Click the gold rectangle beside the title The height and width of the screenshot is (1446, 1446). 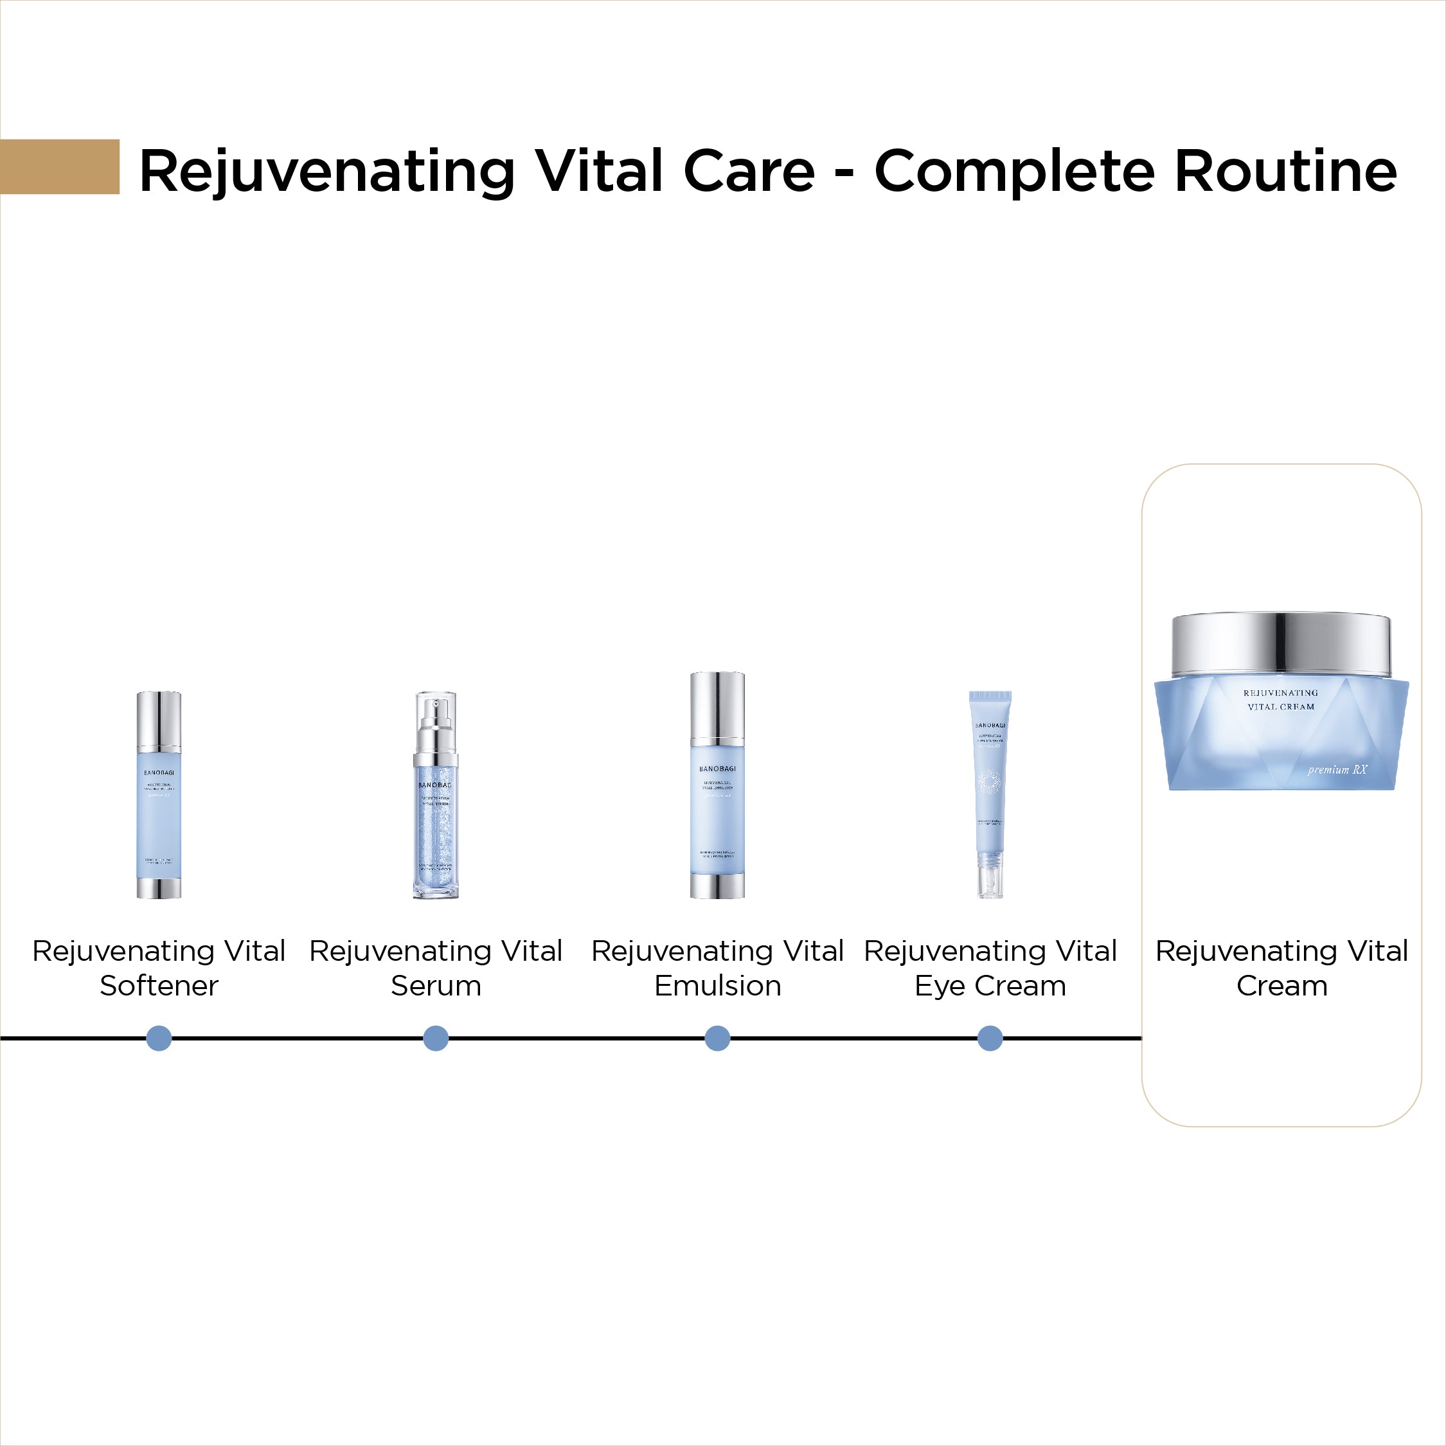60,166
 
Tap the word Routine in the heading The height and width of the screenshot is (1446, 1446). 1285,172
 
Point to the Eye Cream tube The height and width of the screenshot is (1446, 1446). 990,793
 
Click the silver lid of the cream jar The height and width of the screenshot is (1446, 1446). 1281,645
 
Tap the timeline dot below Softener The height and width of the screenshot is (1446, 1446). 159,1038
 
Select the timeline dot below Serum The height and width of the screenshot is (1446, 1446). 436,1038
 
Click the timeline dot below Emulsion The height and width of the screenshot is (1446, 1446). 717,1038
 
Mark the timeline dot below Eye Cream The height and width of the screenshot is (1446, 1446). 990,1038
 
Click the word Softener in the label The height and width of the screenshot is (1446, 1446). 159,986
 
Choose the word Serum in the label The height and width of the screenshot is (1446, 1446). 436,986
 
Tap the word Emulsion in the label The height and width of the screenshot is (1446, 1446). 717,986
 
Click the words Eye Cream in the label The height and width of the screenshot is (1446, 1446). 990,986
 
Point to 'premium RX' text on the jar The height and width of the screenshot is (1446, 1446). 1337,769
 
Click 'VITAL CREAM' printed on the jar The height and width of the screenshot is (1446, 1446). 1281,706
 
